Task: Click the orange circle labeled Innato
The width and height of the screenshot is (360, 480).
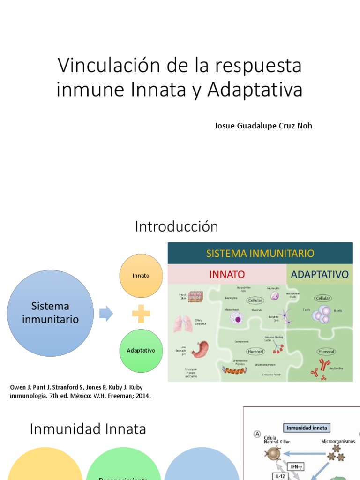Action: pos(141,276)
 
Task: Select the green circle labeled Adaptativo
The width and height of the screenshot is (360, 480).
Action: pos(141,351)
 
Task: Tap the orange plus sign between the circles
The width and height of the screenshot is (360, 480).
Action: pos(141,313)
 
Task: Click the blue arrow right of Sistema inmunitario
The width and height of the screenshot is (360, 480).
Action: pos(106,313)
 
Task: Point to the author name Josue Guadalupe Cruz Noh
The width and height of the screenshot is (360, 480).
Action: pos(263,126)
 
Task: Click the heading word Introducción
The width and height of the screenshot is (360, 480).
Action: pos(177,227)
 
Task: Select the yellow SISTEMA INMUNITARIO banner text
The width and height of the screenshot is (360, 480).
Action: pos(260,254)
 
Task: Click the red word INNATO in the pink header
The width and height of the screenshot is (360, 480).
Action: pos(227,274)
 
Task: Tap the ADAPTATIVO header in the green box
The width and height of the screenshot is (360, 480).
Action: pos(320,274)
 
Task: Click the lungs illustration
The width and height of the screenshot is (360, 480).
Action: pos(183,323)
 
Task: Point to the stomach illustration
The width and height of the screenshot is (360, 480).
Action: pos(200,350)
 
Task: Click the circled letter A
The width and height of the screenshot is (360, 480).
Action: pos(257,435)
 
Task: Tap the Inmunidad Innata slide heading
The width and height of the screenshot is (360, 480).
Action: pos(88,429)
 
